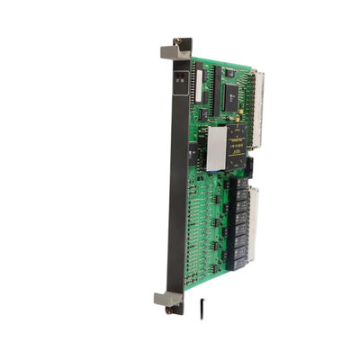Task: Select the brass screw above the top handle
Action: [x=177, y=41]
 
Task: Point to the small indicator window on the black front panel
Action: [x=179, y=79]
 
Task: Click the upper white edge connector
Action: [x=258, y=108]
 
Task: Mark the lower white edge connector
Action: [x=252, y=220]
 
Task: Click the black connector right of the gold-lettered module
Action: [x=249, y=166]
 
